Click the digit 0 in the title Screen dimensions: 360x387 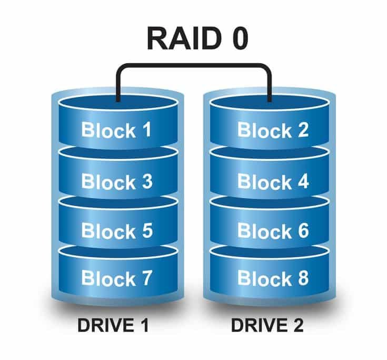(x=239, y=39)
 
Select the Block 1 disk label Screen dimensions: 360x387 (x=116, y=130)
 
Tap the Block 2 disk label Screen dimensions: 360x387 (x=272, y=130)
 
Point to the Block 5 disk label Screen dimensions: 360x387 (x=116, y=231)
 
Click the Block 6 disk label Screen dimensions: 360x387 (x=272, y=231)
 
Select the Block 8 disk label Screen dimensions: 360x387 (x=272, y=278)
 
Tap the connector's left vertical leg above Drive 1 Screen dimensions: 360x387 (x=118, y=84)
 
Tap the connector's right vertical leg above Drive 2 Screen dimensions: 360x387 (x=270, y=84)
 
